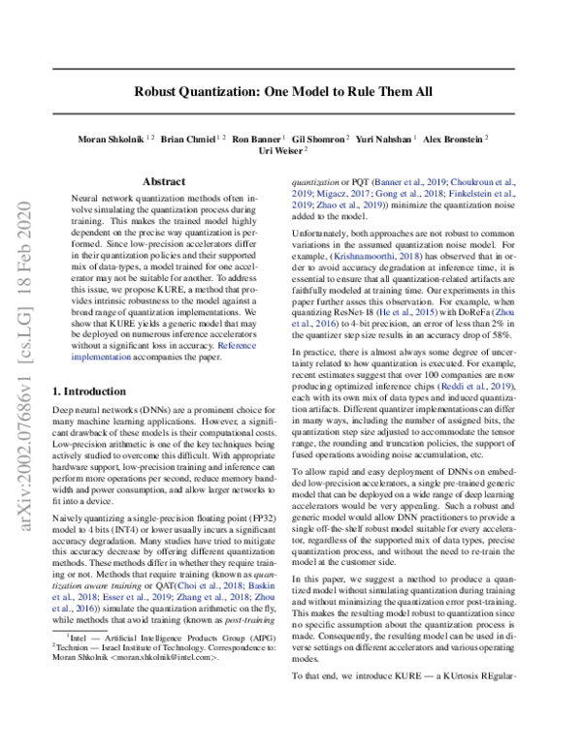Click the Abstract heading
click(x=164, y=181)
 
